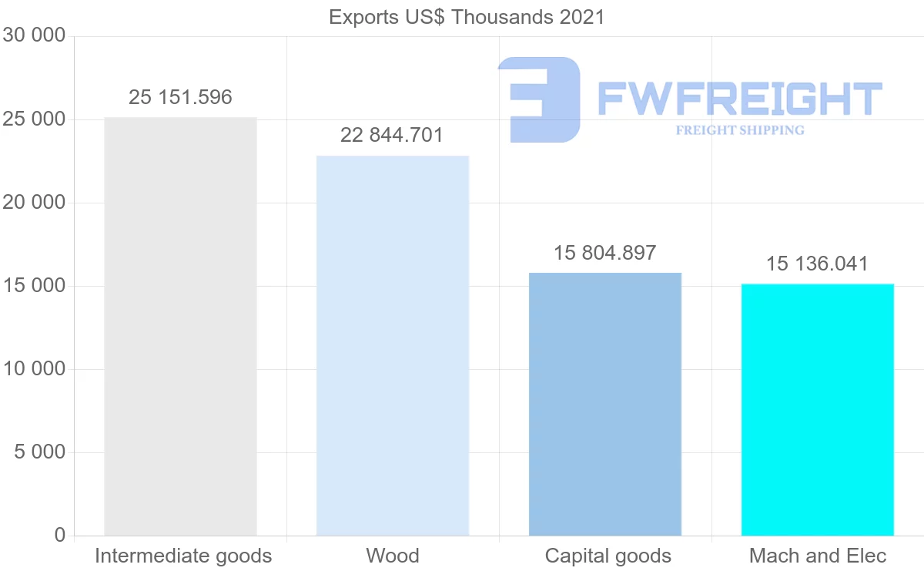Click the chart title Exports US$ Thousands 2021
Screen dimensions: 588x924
click(467, 17)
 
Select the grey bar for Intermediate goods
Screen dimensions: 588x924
click(180, 327)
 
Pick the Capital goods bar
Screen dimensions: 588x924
click(605, 404)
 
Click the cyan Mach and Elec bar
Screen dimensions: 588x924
click(818, 409)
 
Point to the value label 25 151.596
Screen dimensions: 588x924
click(180, 97)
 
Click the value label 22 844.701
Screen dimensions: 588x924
click(392, 136)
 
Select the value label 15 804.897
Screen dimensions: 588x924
click(605, 253)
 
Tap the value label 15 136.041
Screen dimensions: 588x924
click(817, 264)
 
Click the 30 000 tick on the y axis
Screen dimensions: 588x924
click(35, 35)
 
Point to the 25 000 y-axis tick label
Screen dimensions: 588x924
click(35, 119)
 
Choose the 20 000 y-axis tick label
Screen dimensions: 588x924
click(35, 203)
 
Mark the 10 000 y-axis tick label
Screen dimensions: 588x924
click(35, 369)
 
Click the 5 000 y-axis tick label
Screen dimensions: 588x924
click(40, 452)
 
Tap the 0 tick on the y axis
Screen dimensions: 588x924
click(60, 535)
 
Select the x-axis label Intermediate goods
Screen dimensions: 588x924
click(183, 556)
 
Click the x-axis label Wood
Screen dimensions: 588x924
click(393, 556)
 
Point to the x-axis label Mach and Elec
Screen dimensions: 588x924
click(818, 556)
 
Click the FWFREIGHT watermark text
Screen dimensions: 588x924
click(739, 99)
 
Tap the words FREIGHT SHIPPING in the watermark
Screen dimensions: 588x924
click(740, 130)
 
